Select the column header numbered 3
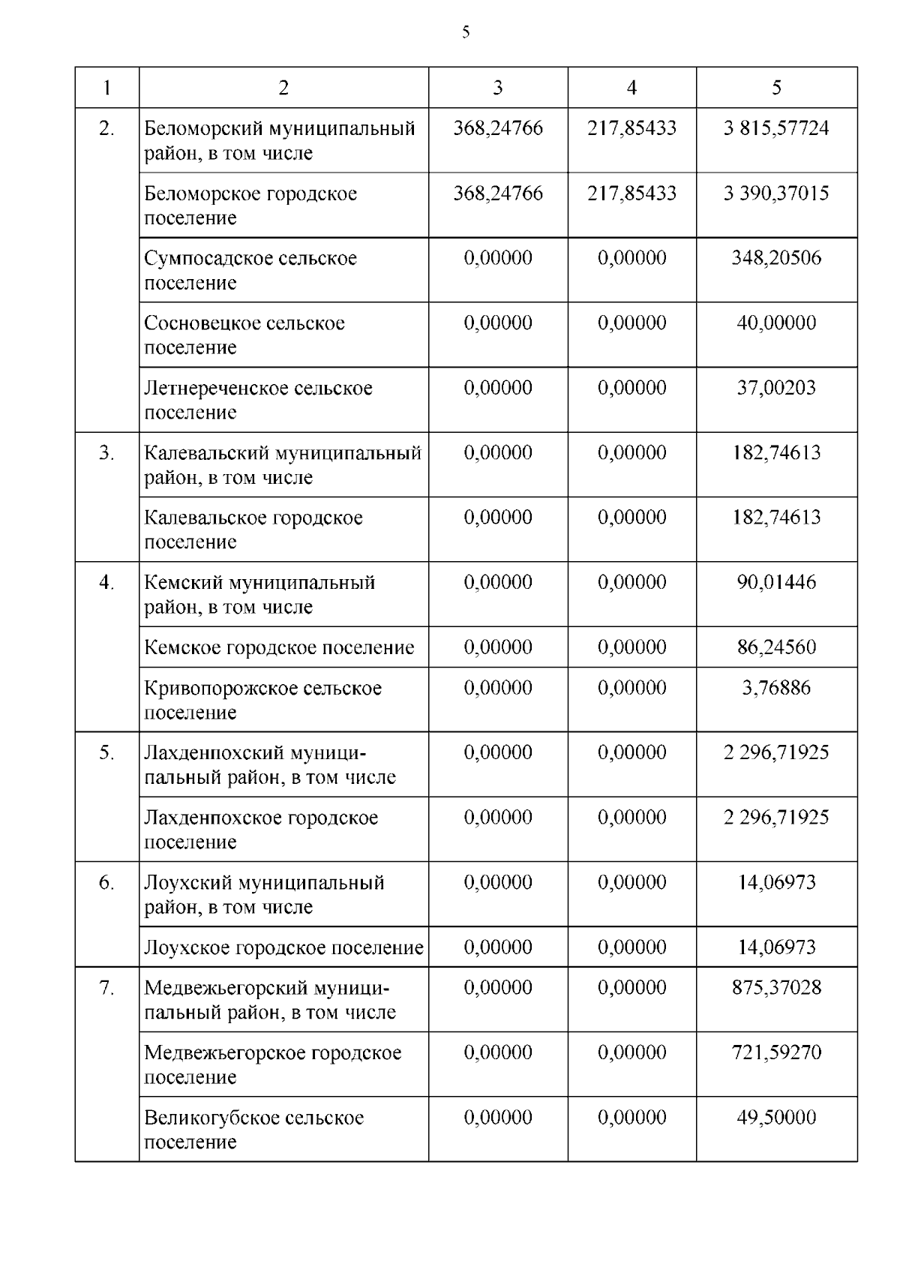click(497, 88)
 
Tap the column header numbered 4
click(631, 88)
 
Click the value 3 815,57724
click(776, 128)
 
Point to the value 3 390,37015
click(776, 194)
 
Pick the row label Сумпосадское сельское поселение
click(250, 270)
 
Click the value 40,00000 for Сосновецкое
click(776, 323)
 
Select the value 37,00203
click(776, 388)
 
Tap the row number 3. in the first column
click(106, 453)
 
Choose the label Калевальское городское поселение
click(253, 530)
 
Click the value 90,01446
click(776, 582)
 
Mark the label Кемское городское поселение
click(279, 647)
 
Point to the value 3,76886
click(776, 688)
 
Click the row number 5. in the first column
click(106, 752)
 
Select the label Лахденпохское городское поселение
click(261, 830)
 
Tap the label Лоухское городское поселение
click(283, 947)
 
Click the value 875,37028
click(776, 987)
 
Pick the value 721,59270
click(776, 1052)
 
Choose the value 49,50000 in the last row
click(776, 1118)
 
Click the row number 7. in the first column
click(106, 988)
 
